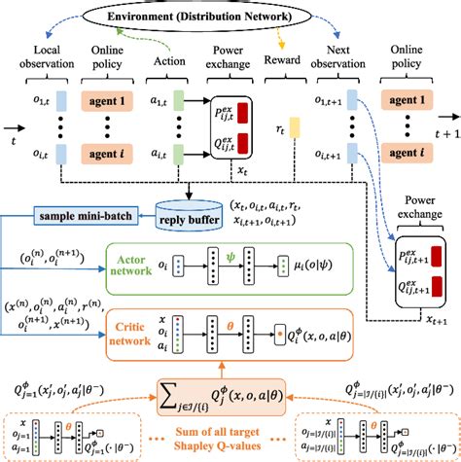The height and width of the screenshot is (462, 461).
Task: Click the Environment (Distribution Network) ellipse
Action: click(230, 18)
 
